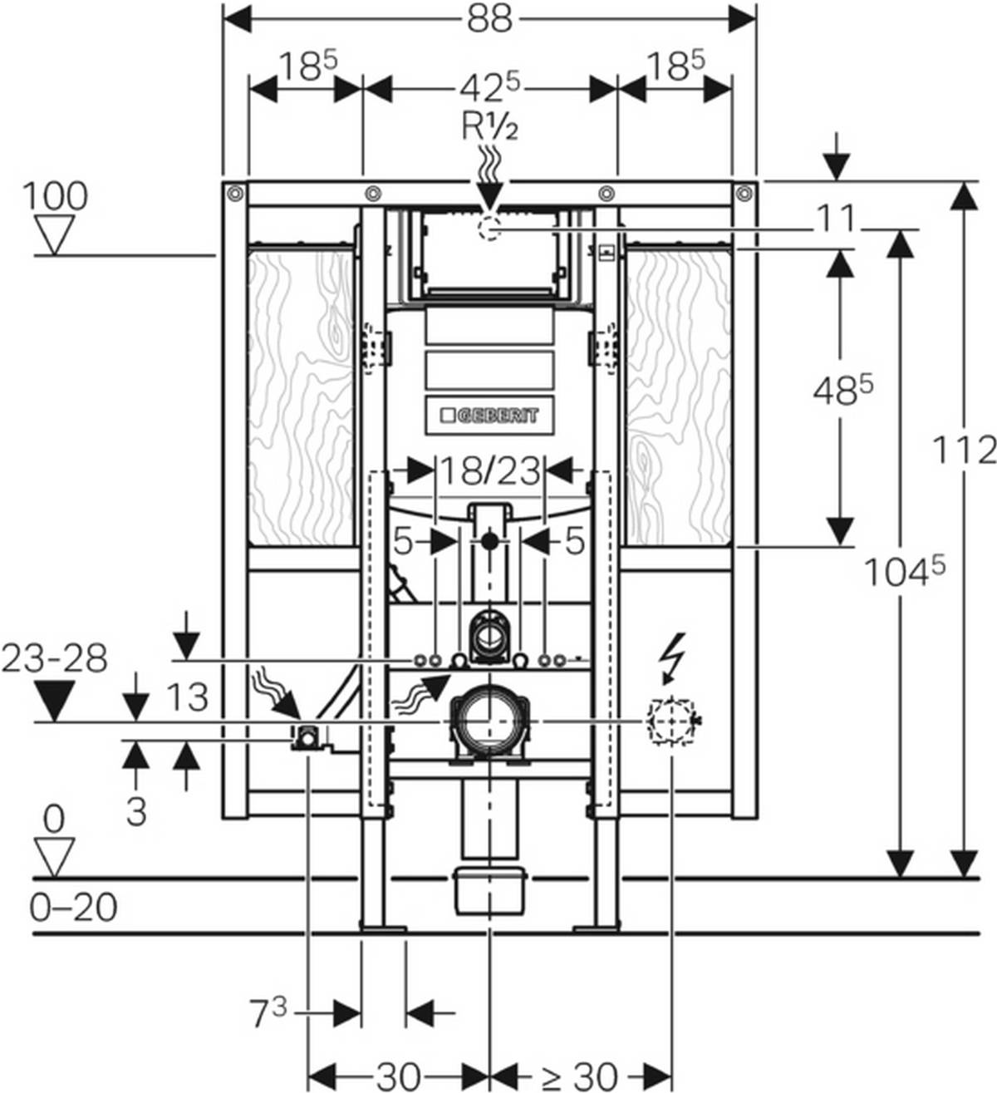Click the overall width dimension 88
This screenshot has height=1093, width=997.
(x=489, y=18)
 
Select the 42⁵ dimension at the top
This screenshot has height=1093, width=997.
(x=490, y=86)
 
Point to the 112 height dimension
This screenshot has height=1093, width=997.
(x=963, y=450)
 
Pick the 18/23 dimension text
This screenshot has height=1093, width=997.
(x=489, y=470)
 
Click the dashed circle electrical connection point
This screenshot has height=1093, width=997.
(x=670, y=721)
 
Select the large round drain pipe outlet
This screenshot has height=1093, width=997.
(x=489, y=720)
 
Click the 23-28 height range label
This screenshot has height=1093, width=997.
(x=55, y=659)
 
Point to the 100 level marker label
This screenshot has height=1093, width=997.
(x=55, y=197)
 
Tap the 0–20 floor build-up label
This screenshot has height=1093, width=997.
(x=73, y=907)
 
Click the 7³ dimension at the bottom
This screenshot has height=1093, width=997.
(x=268, y=1012)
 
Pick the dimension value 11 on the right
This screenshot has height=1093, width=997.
(x=834, y=219)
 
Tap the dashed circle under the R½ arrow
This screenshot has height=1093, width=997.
(x=489, y=226)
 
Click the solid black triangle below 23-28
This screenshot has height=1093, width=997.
(x=55, y=701)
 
